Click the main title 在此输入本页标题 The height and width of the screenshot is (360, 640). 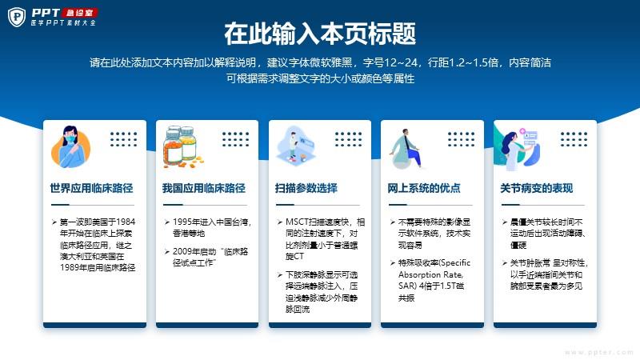pos(320,34)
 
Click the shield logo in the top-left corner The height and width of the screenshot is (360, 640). pos(17,17)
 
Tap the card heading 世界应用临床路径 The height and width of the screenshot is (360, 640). pos(91,188)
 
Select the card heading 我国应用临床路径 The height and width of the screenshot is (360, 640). pos(204,188)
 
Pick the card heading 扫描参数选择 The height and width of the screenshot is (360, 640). pos(306,188)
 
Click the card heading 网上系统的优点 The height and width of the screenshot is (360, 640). pos(424,188)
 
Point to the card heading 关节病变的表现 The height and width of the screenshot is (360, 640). pos(536,188)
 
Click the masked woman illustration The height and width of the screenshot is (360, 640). pos(70,147)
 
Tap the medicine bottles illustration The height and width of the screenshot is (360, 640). pos(183,147)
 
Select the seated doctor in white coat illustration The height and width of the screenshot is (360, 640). pos(407,149)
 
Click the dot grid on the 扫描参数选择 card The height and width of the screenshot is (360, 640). pos(348,139)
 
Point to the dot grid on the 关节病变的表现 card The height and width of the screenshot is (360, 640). pos(574,139)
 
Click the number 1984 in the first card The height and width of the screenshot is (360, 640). pos(126,222)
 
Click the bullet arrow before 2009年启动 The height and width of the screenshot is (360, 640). pos(167,252)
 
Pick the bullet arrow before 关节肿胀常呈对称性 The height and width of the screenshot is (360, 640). pos(505,263)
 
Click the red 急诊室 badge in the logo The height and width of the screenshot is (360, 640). pos(79,13)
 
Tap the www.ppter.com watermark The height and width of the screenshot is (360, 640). pos(599,352)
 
